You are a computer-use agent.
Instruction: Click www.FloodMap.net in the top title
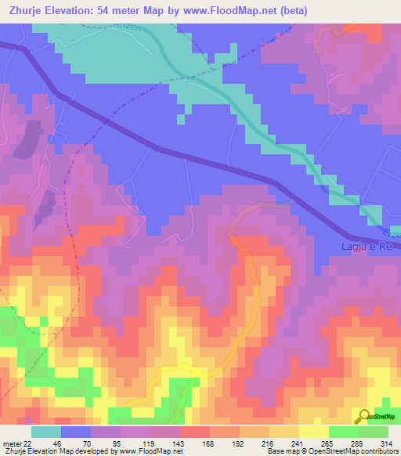(x=235, y=10)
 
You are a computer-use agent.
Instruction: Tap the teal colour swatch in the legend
(x=45, y=432)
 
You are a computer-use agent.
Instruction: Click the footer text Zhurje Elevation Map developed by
(x=59, y=451)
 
